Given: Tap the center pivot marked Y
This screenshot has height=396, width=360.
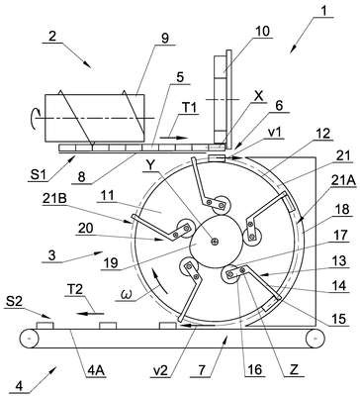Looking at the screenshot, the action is point(216,243).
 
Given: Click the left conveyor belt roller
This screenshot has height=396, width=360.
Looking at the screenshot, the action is point(29,339).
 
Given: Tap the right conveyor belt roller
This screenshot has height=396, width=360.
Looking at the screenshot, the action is point(315,339).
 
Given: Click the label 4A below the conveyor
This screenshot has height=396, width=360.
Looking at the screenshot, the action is point(96,370).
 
